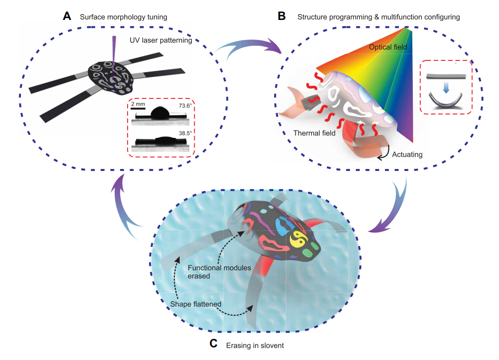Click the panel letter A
coord(67,16)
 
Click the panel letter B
coord(281,16)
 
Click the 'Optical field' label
coord(388,47)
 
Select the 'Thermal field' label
coord(314,133)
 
